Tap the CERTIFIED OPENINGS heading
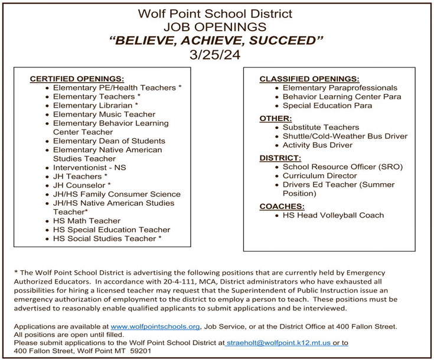77,79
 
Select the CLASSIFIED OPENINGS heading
309,79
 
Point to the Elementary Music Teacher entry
104,114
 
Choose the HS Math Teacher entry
87,220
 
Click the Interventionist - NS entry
89,167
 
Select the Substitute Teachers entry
321,127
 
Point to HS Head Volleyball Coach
333,215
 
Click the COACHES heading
282,206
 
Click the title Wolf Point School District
215,12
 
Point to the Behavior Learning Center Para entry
342,96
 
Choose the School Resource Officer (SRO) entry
342,167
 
